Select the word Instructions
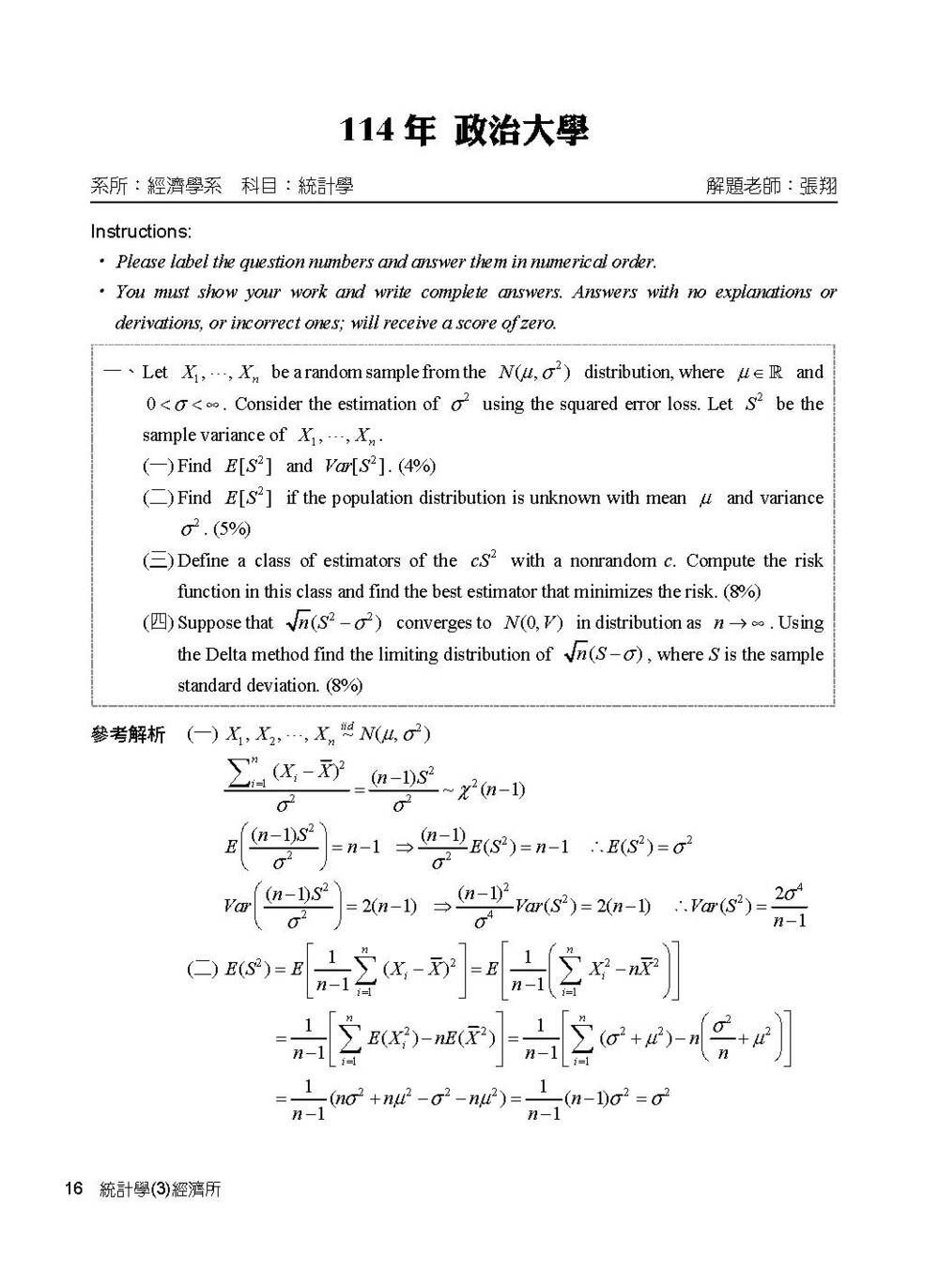click(140, 232)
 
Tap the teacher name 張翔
click(818, 186)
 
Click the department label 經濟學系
click(185, 186)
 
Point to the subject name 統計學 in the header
click(325, 186)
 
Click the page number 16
click(73, 1189)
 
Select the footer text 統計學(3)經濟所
click(160, 1189)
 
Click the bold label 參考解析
click(128, 734)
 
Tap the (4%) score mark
click(417, 467)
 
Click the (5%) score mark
click(232, 529)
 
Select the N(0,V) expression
click(532, 623)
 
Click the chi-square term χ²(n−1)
click(491, 789)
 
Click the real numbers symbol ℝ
click(776, 372)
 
